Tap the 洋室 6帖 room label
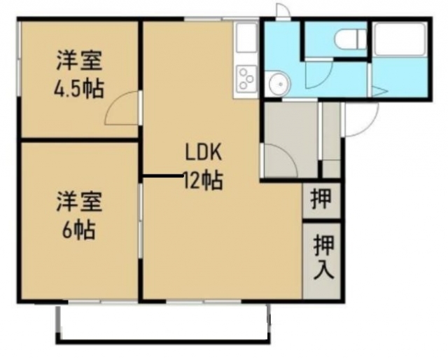pos(79,215)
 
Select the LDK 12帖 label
pos(203,167)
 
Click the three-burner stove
pos(246,77)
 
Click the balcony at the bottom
pos(162,324)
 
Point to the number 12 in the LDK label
pos(190,181)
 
